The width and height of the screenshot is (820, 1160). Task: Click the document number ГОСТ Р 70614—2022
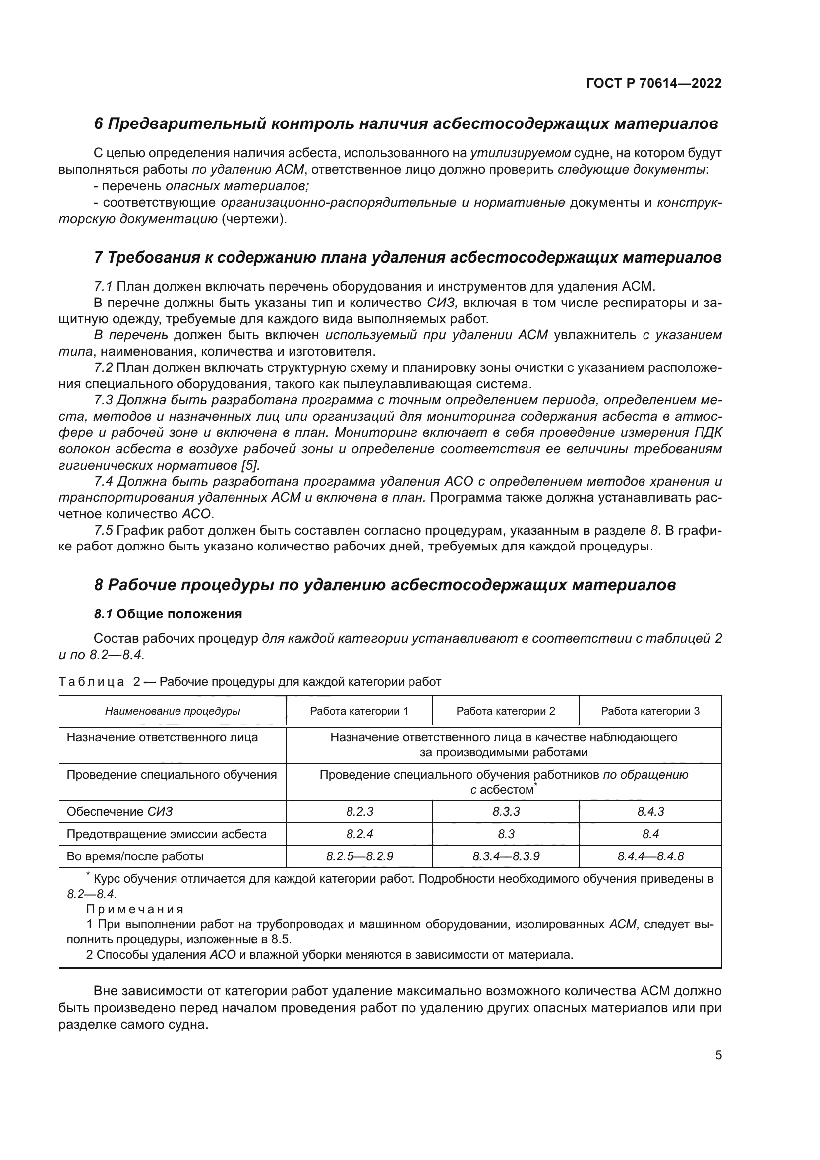tap(654, 83)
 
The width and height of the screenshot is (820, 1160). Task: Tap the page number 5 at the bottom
tap(718, 1055)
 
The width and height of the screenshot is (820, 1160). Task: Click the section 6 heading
tap(406, 124)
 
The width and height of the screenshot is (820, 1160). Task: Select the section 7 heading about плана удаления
tap(408, 258)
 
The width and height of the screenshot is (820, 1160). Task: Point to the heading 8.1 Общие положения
tap(168, 614)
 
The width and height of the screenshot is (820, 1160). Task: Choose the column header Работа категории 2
tap(506, 711)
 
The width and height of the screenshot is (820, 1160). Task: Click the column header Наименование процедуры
tap(173, 711)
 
